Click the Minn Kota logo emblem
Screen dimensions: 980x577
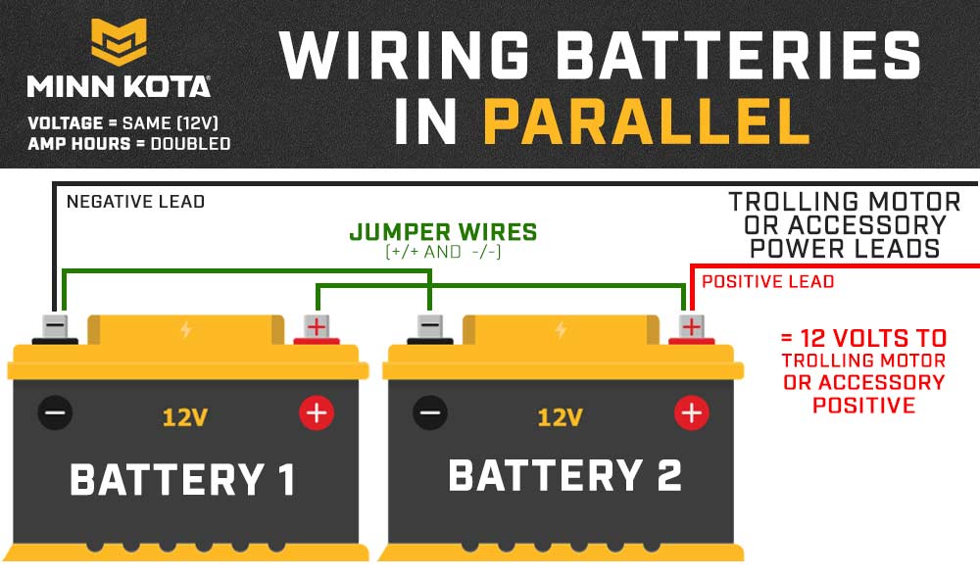(119, 42)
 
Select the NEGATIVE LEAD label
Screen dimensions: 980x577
(135, 202)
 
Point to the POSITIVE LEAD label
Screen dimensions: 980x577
(768, 281)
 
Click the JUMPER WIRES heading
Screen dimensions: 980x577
(443, 232)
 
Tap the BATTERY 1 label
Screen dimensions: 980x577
(182, 480)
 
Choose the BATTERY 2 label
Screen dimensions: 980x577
(565, 476)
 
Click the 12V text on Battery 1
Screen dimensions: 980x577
(185, 417)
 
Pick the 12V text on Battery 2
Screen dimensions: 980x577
(560, 417)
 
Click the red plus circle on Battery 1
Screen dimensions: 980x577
(317, 412)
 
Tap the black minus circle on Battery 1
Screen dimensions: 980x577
(55, 412)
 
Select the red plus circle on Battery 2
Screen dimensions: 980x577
(691, 412)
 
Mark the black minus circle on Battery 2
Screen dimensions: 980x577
(430, 412)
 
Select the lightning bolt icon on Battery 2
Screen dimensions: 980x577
(561, 330)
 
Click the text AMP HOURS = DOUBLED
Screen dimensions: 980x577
(129, 144)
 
